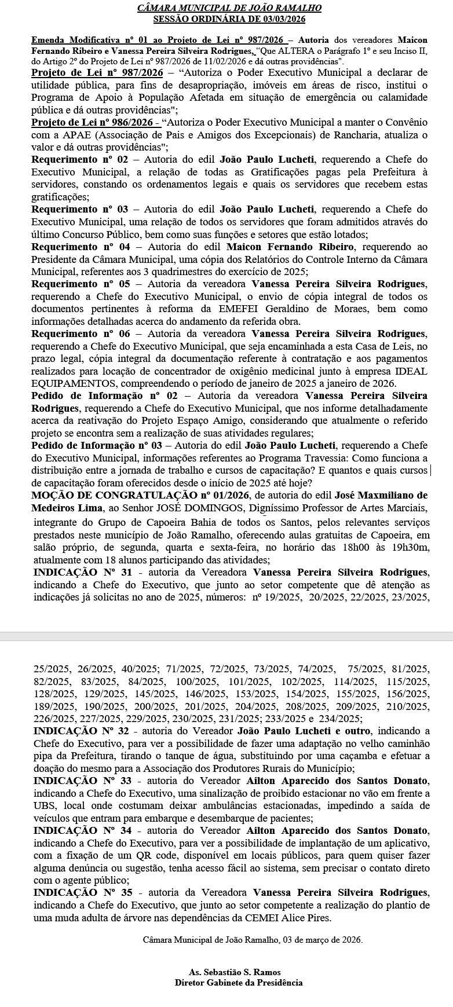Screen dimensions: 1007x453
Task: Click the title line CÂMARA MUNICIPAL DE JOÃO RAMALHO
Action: pos(229,8)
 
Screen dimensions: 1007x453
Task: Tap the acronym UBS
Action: pos(44,806)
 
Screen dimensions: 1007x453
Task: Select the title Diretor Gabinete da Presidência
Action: pos(238,982)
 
